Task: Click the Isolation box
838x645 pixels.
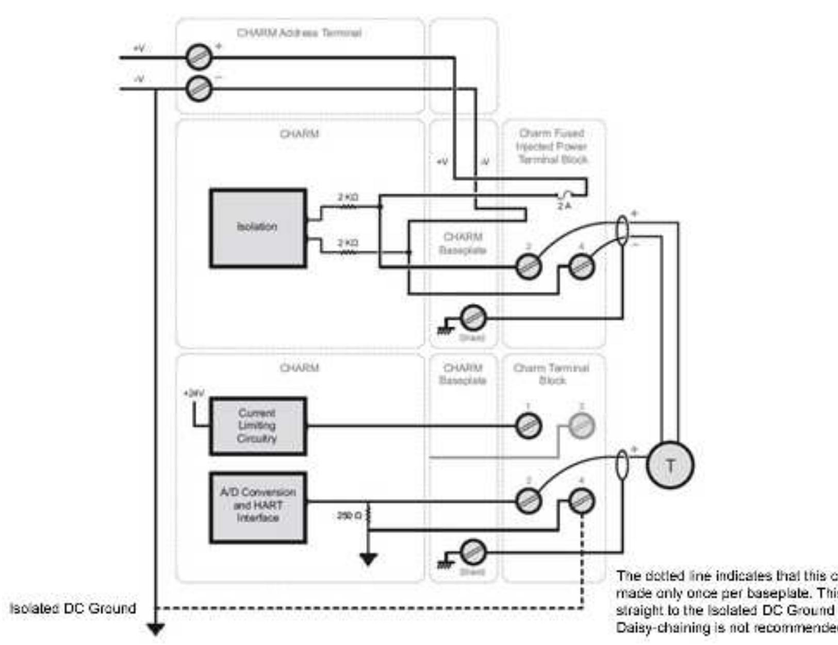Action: click(258, 228)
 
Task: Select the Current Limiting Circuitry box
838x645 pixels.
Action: click(258, 426)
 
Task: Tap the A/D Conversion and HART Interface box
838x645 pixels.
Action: click(258, 507)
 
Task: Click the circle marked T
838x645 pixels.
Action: click(670, 465)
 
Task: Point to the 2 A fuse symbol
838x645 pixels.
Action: click(566, 196)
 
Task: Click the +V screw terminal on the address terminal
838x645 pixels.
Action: click(199, 57)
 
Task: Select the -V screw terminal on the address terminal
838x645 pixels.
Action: click(199, 88)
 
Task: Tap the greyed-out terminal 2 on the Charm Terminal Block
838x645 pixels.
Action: click(582, 426)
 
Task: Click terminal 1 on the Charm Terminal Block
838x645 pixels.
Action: click(529, 426)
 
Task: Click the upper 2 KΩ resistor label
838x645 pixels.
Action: click(348, 197)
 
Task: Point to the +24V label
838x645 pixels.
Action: click(194, 393)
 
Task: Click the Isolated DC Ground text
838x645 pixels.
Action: click(73, 608)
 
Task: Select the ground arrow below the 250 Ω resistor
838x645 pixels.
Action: click(368, 559)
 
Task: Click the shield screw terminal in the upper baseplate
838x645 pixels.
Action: click(472, 318)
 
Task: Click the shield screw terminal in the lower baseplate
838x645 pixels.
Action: click(472, 553)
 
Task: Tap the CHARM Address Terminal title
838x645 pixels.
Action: click(299, 33)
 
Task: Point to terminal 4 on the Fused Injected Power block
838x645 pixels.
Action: click(582, 267)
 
